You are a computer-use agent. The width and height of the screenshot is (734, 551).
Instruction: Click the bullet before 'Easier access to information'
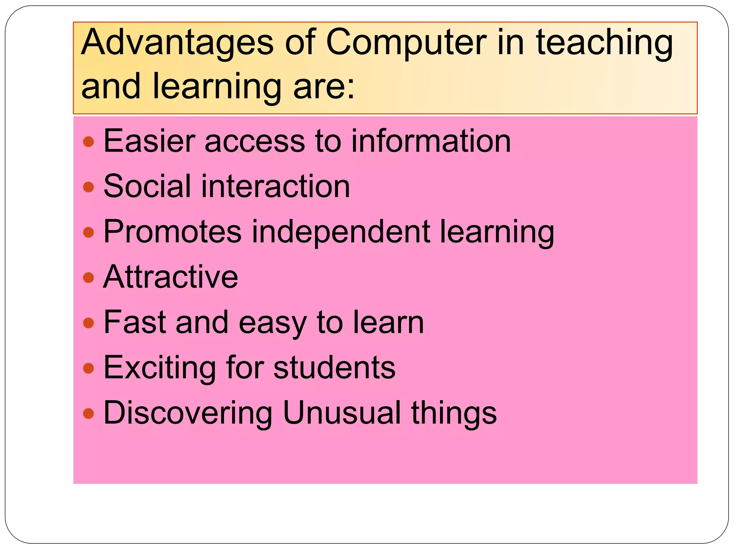(x=88, y=142)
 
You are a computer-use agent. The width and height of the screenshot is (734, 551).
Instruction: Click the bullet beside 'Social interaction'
(x=88, y=187)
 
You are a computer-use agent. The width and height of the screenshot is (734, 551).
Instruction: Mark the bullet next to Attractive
(x=88, y=277)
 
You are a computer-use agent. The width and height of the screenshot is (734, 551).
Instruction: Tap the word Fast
(x=135, y=322)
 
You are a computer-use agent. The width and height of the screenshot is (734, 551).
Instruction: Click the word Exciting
(x=159, y=368)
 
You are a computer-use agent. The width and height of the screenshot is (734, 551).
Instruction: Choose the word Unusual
(x=342, y=413)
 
